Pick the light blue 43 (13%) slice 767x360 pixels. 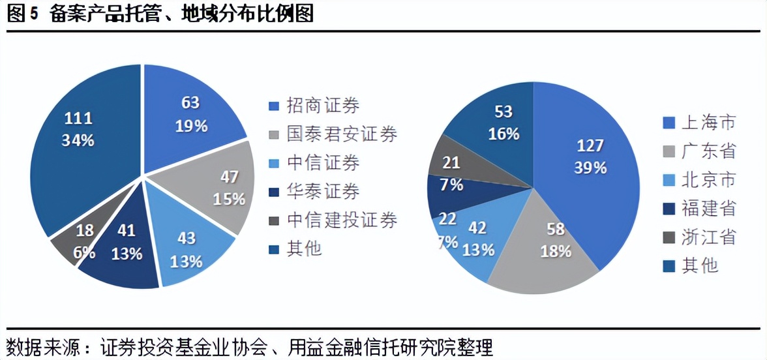pyautogui.click(x=189, y=248)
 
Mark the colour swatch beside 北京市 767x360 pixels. pyautogui.click(x=668, y=180)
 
